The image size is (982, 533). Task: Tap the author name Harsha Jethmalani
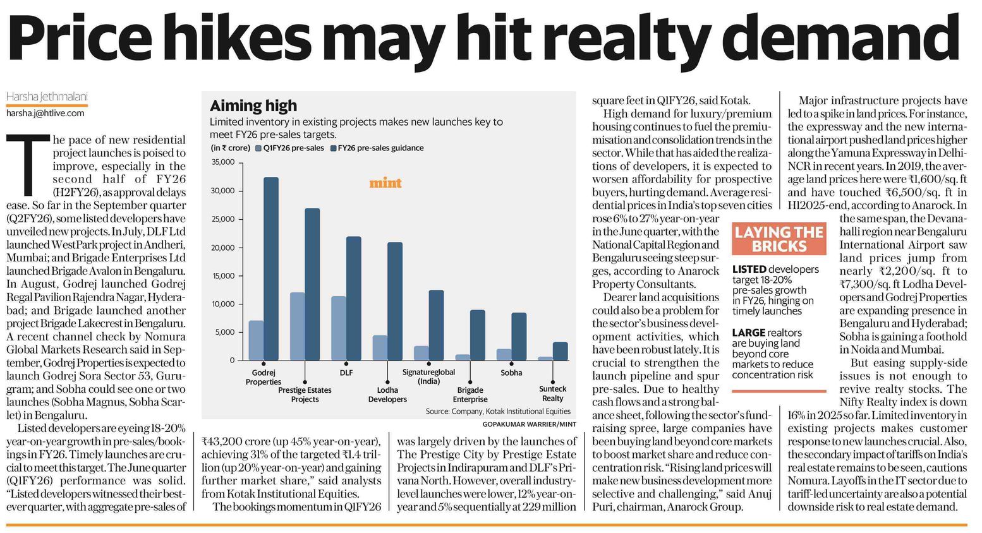pyautogui.click(x=47, y=97)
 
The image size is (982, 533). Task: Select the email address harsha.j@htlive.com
pyautogui.click(x=45, y=113)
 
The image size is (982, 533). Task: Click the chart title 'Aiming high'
pyautogui.click(x=253, y=105)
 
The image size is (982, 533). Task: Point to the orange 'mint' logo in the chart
pyautogui.click(x=385, y=183)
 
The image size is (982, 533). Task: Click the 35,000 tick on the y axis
pyautogui.click(x=223, y=162)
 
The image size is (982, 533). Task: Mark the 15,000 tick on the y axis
pyautogui.click(x=223, y=276)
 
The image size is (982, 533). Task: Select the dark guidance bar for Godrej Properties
pyautogui.click(x=270, y=268)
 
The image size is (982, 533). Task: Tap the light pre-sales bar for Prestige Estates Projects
pyautogui.click(x=297, y=326)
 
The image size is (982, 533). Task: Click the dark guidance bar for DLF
pyautogui.click(x=354, y=298)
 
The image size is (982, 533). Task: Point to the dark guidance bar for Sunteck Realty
pyautogui.click(x=560, y=351)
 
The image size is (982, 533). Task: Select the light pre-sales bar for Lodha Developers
pyautogui.click(x=380, y=347)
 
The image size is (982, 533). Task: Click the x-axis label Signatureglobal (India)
pyautogui.click(x=428, y=376)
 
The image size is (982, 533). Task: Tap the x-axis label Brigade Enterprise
pyautogui.click(x=470, y=395)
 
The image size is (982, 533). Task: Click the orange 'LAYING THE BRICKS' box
pyautogui.click(x=779, y=239)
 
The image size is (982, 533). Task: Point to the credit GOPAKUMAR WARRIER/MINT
pyautogui.click(x=529, y=424)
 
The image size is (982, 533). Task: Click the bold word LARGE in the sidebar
pyautogui.click(x=748, y=333)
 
